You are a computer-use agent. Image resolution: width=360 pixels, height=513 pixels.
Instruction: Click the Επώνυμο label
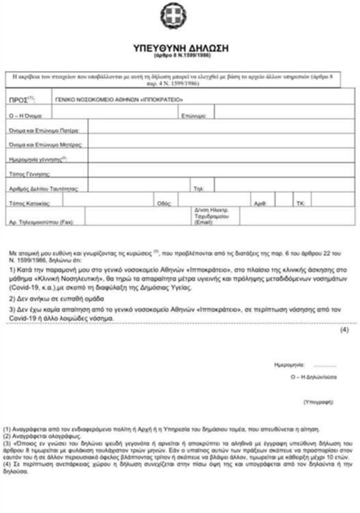click(194, 116)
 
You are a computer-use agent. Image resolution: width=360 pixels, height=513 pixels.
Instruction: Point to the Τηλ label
click(199, 187)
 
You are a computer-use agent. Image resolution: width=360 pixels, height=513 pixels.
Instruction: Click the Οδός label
click(162, 202)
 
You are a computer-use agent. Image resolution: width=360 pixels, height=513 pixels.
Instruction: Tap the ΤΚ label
click(300, 202)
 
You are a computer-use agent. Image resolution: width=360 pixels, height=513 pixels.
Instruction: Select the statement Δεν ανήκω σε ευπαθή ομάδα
click(55, 298)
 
